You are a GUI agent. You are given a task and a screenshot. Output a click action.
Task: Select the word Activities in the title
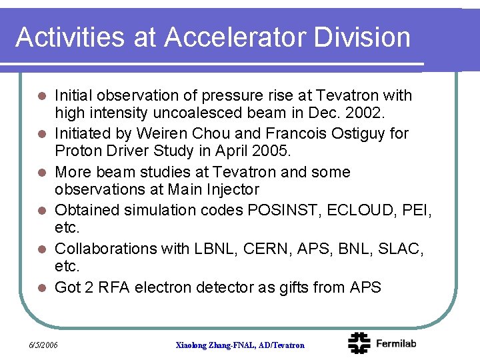point(69,37)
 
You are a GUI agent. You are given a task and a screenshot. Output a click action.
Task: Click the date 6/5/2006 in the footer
point(43,345)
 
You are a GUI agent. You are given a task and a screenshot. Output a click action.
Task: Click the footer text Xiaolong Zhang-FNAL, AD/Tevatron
point(240,345)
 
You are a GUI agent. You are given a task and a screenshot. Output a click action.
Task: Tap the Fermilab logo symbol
point(359,343)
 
